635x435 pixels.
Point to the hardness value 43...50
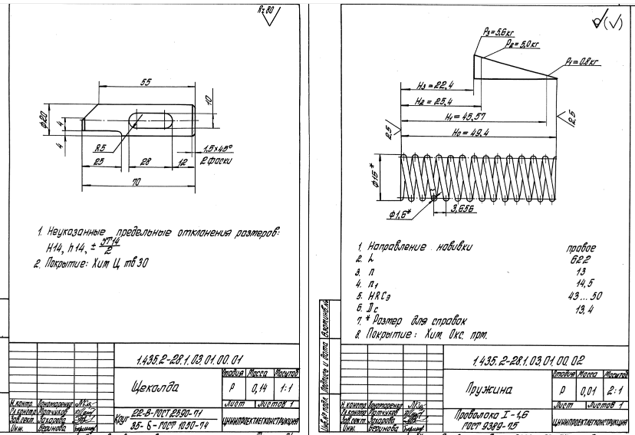coord(579,295)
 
